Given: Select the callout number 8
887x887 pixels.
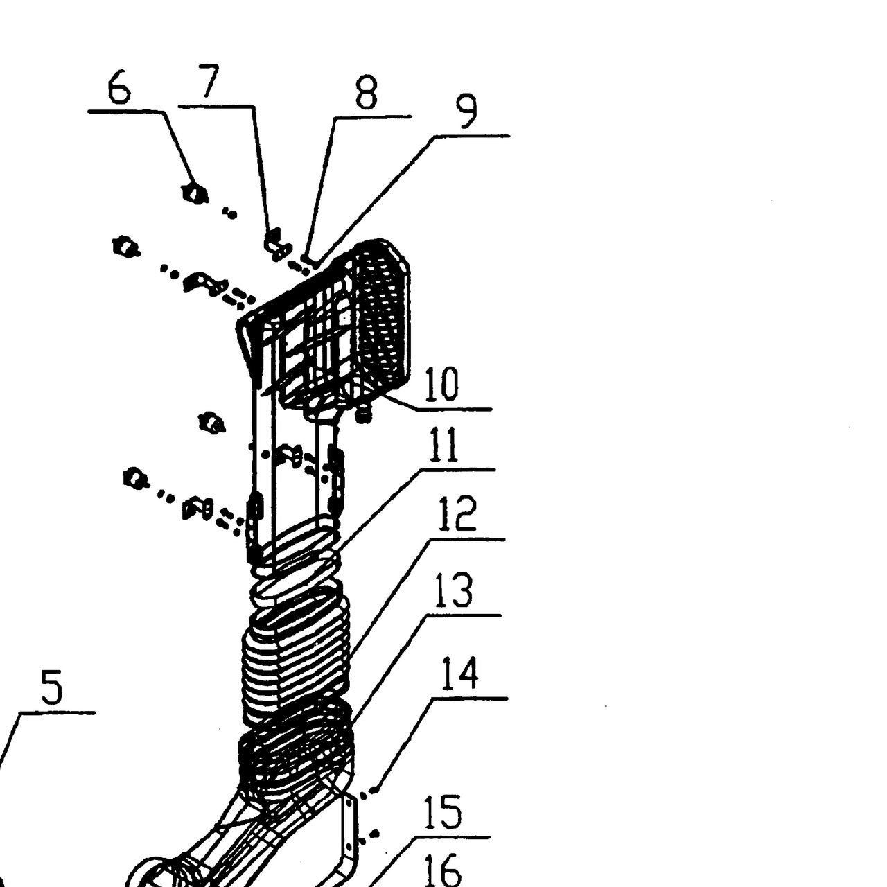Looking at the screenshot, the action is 367,94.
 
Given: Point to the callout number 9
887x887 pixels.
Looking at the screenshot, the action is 466,112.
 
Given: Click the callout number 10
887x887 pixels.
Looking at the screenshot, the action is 441,385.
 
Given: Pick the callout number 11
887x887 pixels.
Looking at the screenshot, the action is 443,444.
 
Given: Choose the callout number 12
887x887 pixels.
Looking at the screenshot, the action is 457,513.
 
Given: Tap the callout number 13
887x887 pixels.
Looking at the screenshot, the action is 454,590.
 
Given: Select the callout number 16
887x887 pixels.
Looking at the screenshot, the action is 442,870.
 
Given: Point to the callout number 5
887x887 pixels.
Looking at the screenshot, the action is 51,687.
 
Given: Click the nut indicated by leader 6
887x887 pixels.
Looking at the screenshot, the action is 194,194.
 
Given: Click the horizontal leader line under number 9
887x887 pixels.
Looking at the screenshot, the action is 471,136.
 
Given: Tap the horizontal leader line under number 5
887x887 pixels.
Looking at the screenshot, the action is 58,712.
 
